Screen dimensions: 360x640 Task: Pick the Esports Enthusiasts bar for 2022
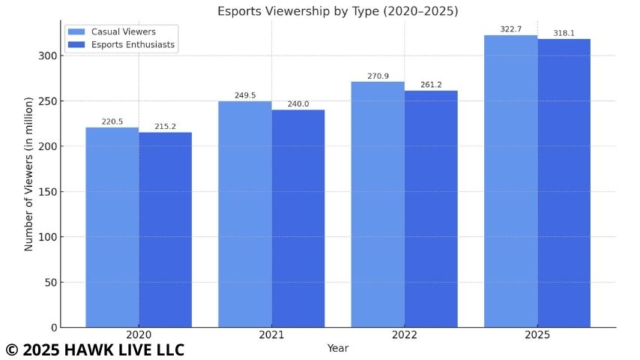(x=431, y=209)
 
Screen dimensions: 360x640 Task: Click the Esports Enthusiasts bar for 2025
(x=564, y=183)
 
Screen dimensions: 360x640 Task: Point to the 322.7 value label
(x=511, y=29)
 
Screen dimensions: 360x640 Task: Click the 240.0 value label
(x=298, y=103)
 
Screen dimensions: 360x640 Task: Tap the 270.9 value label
(x=378, y=76)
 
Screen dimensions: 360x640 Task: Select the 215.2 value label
(x=166, y=126)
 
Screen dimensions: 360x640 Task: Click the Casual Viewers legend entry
(x=122, y=31)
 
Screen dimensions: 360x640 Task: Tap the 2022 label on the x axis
(x=405, y=335)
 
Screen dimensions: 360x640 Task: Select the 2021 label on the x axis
(x=272, y=335)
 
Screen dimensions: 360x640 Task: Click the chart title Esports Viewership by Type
(x=337, y=11)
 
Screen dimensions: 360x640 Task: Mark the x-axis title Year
(x=337, y=348)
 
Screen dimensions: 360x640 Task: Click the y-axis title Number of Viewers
(x=28, y=173)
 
